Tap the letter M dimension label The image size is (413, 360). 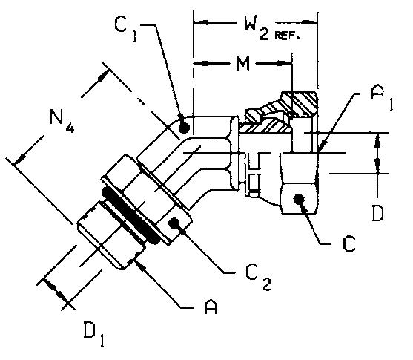(x=242, y=64)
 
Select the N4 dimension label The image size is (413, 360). (x=62, y=120)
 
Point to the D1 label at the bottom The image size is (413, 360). (x=93, y=333)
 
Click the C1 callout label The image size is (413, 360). (x=126, y=29)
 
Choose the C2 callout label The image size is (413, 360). (x=257, y=277)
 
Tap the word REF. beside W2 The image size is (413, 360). (x=288, y=36)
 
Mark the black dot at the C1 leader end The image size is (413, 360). (x=184, y=128)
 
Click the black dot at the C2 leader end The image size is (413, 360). (x=174, y=223)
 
